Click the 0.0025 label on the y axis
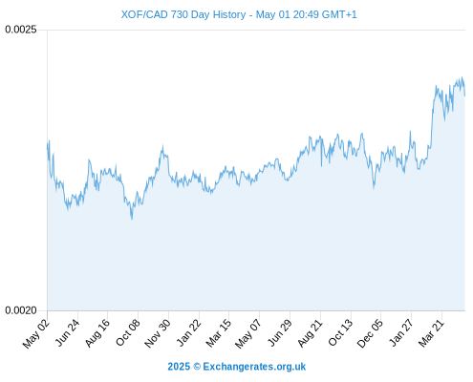coord(21,30)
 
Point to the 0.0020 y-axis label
coord(21,310)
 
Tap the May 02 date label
coord(36,333)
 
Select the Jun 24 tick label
coord(67,332)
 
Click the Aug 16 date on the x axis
coord(97,332)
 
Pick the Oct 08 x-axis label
coord(128,332)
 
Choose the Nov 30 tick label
coord(158,333)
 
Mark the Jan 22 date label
coord(189,332)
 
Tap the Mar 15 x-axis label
coord(219,333)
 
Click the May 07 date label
coord(248,333)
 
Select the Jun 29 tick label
coord(279,332)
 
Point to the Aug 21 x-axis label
coord(310,333)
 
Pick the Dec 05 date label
coord(370,333)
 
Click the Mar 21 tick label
coord(431,333)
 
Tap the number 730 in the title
coord(180,14)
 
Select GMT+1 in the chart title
coord(339,14)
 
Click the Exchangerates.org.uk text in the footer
coord(254,367)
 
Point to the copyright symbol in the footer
coord(197,367)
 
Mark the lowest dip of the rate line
coord(132,220)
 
